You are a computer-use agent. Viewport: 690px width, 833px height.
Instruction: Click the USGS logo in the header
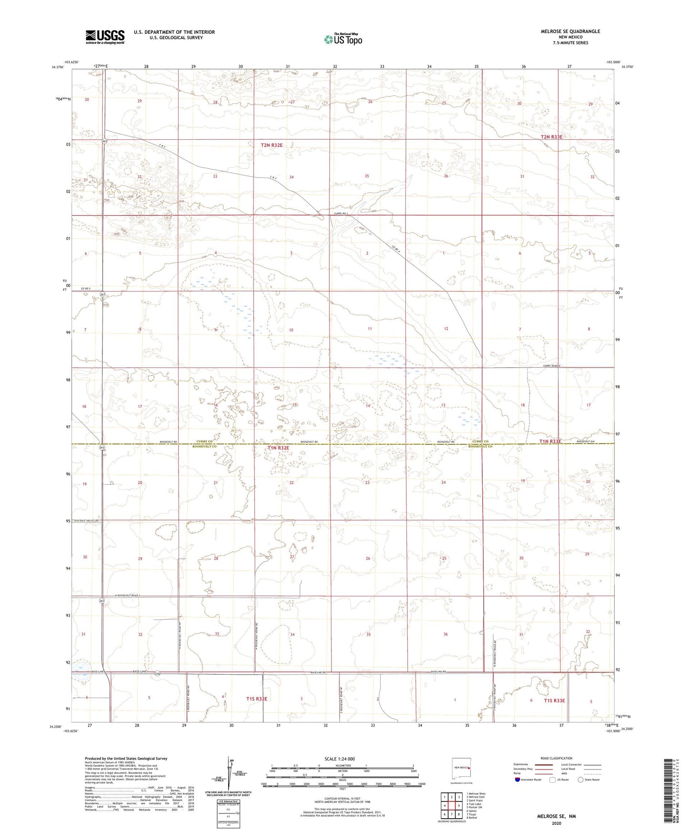point(105,37)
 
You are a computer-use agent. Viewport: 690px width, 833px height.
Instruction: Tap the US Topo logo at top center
point(342,39)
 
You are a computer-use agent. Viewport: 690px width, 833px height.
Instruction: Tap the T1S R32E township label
point(256,698)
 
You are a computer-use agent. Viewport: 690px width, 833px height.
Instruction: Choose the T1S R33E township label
point(554,700)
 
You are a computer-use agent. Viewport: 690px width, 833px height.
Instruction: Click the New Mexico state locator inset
point(461,770)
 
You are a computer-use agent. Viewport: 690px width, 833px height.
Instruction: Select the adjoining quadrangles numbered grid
point(451,805)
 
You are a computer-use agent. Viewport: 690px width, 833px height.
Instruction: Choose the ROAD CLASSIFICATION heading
point(556,758)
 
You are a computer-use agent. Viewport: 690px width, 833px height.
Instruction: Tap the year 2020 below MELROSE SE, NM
point(556,823)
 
